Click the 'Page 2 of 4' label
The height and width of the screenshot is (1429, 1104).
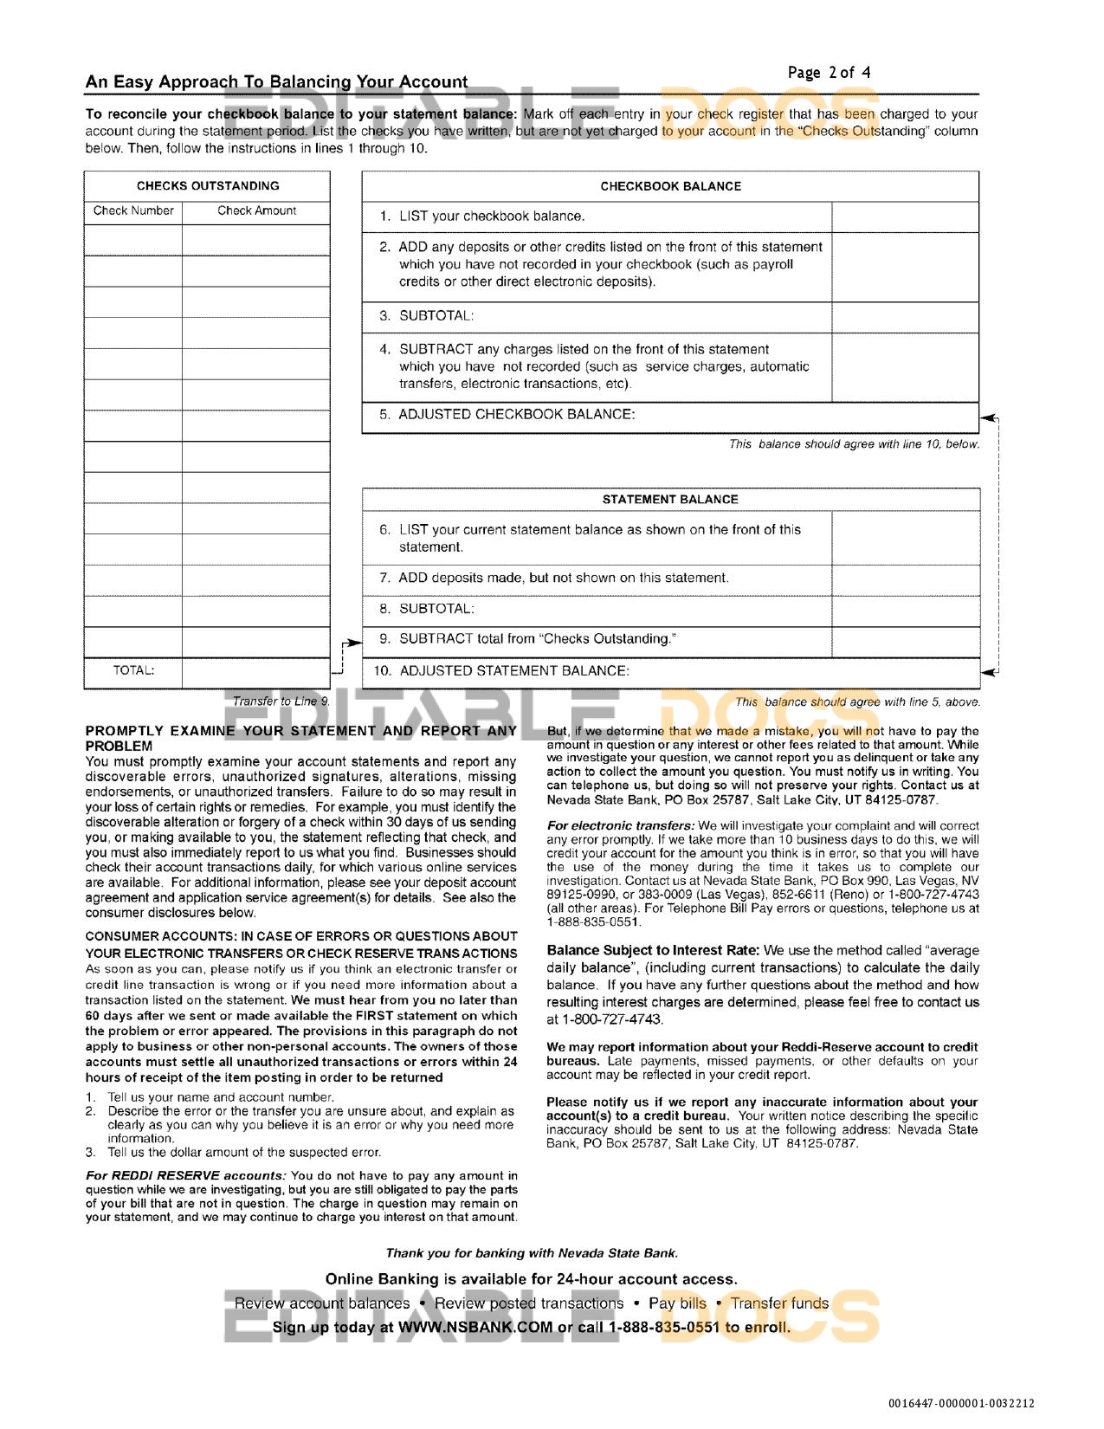pos(829,73)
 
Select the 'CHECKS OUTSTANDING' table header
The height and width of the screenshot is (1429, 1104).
pos(208,186)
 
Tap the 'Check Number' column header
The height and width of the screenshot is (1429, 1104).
pos(133,210)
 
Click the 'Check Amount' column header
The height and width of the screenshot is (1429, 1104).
pos(256,210)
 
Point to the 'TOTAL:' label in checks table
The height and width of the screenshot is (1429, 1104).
pos(133,670)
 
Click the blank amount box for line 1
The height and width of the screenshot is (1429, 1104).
pos(905,217)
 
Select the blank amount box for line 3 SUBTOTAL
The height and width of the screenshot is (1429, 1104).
pos(905,316)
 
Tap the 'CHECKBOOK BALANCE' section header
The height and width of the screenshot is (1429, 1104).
pos(670,186)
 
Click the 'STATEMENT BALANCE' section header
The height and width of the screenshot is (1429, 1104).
pos(670,500)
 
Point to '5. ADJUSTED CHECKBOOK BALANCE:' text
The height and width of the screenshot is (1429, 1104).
pos(507,415)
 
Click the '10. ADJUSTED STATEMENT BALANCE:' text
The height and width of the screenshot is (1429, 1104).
pos(501,671)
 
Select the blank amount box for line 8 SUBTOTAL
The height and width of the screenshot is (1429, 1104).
pos(905,609)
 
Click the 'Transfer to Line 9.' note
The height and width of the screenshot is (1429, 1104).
pos(281,702)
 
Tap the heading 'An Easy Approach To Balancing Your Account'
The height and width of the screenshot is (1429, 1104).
pos(276,82)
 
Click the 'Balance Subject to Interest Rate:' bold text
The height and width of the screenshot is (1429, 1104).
pos(653,950)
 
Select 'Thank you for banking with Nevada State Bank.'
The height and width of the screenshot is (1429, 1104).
pos(532,1253)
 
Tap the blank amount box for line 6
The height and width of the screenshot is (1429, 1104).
pos(905,538)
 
